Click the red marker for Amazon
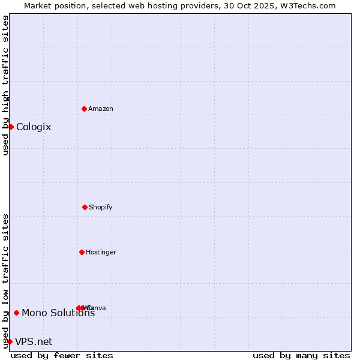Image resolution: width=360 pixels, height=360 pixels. [x=84, y=109]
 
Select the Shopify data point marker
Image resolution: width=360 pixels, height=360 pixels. [x=85, y=207]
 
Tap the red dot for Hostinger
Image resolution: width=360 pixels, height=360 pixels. [x=82, y=252]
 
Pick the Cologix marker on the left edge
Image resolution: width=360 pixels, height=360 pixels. [x=11, y=127]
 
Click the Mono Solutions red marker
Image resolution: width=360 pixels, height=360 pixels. [x=16, y=313]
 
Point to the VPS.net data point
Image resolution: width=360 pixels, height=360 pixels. [x=10, y=341]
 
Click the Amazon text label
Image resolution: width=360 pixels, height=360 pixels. [x=101, y=109]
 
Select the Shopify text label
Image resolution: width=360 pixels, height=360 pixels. [x=101, y=207]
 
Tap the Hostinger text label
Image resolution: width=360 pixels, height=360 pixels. [x=101, y=252]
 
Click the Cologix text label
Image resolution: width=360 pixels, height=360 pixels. [x=34, y=127]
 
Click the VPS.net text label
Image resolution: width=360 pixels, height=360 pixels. [x=34, y=341]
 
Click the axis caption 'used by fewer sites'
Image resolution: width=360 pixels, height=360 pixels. [x=62, y=355]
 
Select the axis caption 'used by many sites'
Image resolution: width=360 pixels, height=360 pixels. [x=301, y=355]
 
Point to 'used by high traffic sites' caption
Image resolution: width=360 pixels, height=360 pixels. [x=5, y=85]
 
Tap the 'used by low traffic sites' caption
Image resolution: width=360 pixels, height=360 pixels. [x=5, y=281]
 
